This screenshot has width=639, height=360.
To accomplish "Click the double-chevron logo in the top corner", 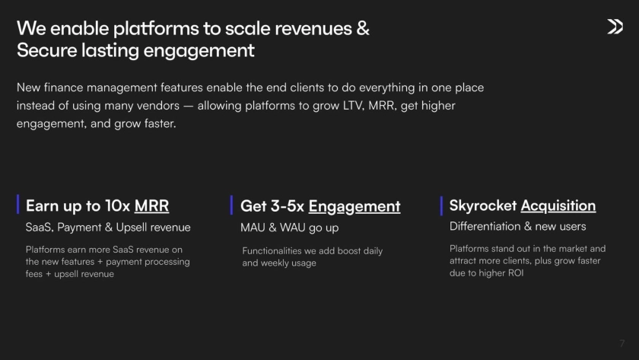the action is pyautogui.click(x=615, y=27).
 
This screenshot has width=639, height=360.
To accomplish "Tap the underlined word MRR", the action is pyautogui.click(x=151, y=206).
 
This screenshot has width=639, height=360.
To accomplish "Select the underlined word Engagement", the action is pyautogui.click(x=354, y=206).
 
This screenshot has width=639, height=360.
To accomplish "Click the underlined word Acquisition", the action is pyautogui.click(x=558, y=205).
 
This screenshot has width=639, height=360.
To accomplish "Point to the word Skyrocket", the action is pyautogui.click(x=483, y=205).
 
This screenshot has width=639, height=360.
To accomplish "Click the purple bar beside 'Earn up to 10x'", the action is pyautogui.click(x=18, y=204).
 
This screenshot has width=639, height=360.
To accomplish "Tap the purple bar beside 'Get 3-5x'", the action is pyautogui.click(x=231, y=205).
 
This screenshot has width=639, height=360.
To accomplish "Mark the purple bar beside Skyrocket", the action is pyautogui.click(x=441, y=206).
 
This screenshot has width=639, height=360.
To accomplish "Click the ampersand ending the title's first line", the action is pyautogui.click(x=363, y=28).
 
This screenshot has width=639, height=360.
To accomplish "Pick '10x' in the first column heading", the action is pyautogui.click(x=117, y=206).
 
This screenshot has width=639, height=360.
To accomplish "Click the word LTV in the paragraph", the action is pyautogui.click(x=353, y=106).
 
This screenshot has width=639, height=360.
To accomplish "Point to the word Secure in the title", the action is pyautogui.click(x=47, y=50).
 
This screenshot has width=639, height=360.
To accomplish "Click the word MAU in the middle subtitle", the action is pyautogui.click(x=253, y=228).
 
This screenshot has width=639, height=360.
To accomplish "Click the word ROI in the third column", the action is pyautogui.click(x=516, y=273).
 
